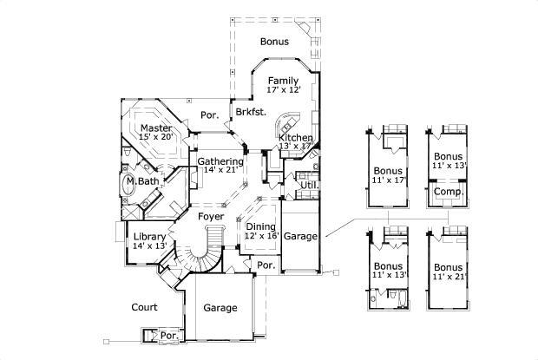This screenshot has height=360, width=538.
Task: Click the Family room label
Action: pos(284,81)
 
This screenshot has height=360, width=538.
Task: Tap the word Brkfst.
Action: pos(250,113)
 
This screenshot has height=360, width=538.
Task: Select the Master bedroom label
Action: pos(156,128)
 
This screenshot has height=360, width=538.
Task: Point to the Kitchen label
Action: pos(295,138)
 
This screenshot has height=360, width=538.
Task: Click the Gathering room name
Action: pos(220,161)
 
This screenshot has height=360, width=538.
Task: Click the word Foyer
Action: pos(211,216)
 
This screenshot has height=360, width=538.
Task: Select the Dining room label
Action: pos(260,227)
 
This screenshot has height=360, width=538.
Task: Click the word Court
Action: pos(143,307)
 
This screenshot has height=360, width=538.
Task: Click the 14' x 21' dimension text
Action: pos(220,171)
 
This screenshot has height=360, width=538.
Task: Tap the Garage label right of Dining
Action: pos(301,236)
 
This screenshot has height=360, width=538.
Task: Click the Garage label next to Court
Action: pos(220,308)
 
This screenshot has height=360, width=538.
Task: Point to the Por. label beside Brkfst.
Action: pos(209,115)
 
